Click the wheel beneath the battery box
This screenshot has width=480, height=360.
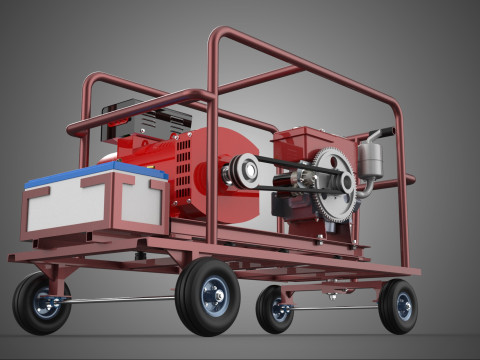42,304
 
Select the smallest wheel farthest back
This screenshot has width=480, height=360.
274,309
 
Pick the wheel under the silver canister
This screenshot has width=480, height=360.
398,306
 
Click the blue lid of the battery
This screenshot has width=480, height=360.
96,177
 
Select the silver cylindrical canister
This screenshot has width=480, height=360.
371,160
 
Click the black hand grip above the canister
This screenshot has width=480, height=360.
381,133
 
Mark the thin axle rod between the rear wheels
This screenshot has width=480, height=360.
335,308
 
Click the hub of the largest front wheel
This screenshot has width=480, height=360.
212,296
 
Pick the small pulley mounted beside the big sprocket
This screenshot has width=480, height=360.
347,182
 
